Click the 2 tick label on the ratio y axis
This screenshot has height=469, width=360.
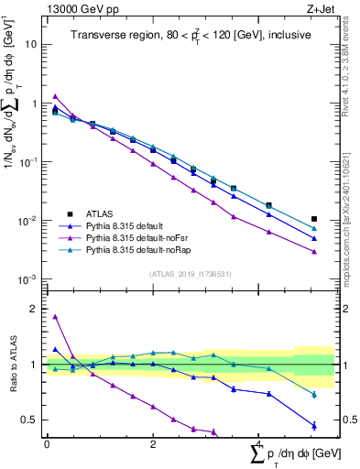(x=35, y=309)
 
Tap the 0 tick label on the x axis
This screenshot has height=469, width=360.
(x=47, y=443)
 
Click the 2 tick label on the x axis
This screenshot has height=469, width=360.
(x=152, y=443)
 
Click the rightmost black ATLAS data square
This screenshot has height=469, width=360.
(x=314, y=219)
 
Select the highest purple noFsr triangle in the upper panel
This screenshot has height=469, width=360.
(x=56, y=96)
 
